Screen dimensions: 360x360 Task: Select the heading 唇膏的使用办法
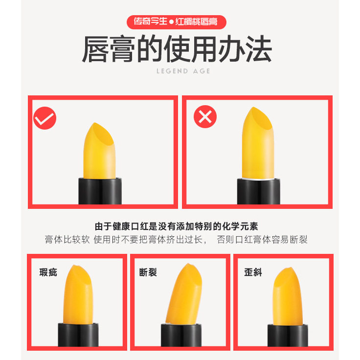[x=177, y=49]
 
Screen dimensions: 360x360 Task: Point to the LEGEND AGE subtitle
[x=183, y=71]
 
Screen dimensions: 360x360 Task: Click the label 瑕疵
[x=48, y=272]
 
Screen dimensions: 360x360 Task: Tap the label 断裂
[x=148, y=272]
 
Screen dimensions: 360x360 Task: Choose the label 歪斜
[x=253, y=272]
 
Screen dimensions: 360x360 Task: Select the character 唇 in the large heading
[x=100, y=49]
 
